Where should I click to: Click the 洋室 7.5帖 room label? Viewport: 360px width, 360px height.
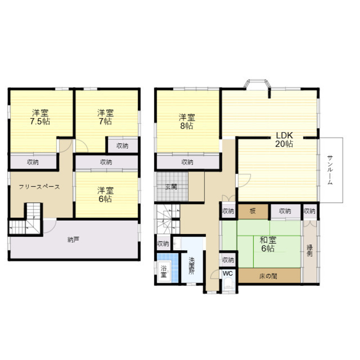(x=40, y=117)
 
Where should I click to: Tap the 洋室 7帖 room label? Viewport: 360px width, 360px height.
(x=105, y=117)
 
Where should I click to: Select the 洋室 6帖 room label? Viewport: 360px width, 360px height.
(x=105, y=195)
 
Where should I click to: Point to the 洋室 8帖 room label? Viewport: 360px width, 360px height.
(x=187, y=122)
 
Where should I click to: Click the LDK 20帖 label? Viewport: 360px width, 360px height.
(x=284, y=140)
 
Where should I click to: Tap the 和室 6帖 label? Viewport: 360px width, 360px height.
(x=268, y=244)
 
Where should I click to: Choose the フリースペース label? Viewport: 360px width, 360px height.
(x=39, y=187)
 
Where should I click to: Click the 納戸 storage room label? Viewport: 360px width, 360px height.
(x=73, y=240)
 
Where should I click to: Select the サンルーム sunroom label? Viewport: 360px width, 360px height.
(x=330, y=170)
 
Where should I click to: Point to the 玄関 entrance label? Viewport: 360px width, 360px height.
(x=171, y=186)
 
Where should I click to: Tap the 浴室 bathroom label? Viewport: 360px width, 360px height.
(x=163, y=271)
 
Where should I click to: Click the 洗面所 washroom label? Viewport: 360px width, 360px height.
(x=192, y=266)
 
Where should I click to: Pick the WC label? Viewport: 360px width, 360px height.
(x=228, y=274)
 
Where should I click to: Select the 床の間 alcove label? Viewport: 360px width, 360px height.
(x=268, y=276)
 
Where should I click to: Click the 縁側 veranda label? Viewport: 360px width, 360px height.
(x=310, y=251)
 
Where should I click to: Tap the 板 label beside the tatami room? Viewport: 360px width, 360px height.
(x=253, y=211)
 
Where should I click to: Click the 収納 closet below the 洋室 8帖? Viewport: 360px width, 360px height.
(x=188, y=162)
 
